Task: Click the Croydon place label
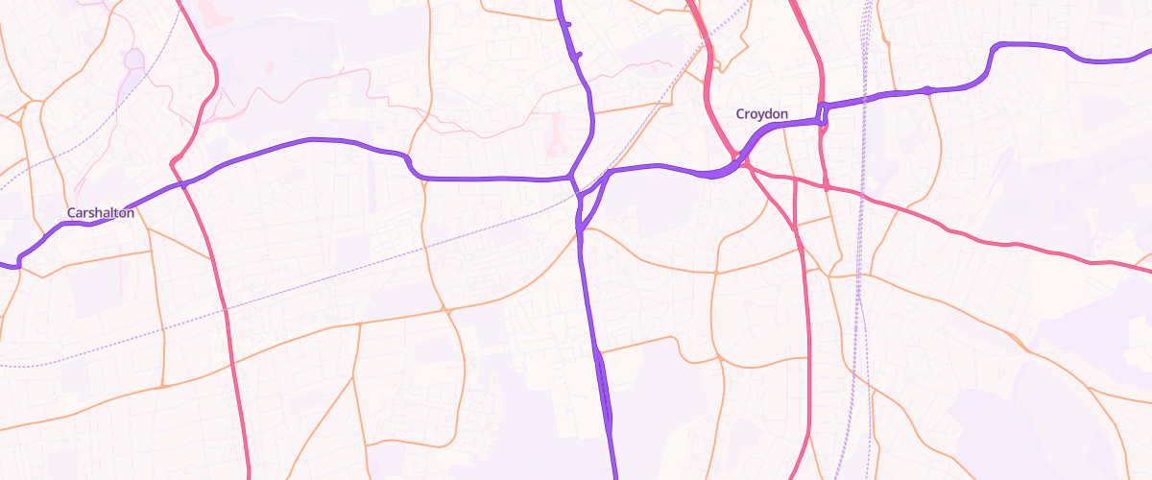click(x=761, y=114)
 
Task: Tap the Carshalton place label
click(x=100, y=212)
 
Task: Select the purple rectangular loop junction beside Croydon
click(x=823, y=112)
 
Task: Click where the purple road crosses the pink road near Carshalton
click(x=180, y=182)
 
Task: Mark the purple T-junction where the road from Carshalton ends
click(x=571, y=177)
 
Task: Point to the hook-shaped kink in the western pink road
click(x=176, y=158)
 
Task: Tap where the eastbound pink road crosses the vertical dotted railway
click(x=863, y=198)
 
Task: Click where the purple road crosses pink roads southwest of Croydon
click(x=737, y=163)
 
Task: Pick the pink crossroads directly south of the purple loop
click(x=826, y=185)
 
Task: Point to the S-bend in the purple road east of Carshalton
click(x=413, y=165)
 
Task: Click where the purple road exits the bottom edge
click(x=613, y=476)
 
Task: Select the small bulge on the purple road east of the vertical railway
click(x=926, y=90)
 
